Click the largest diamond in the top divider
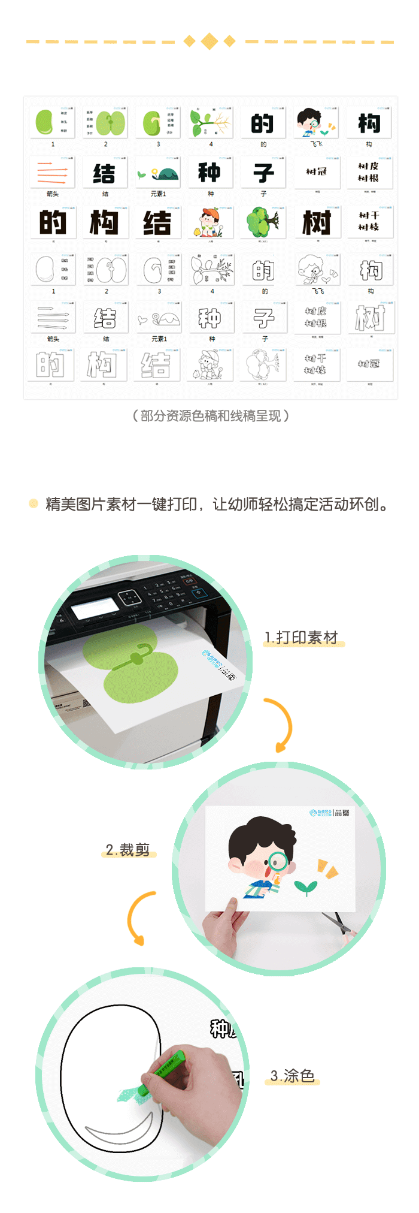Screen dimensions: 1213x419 209,41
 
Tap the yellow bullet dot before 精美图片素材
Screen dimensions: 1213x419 34,503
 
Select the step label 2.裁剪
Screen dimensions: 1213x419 127,850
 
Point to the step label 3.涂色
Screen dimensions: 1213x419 292,1076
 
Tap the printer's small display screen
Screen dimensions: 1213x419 95,609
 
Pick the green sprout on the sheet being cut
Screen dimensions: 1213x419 306,887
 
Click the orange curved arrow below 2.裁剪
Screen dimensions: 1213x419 139,917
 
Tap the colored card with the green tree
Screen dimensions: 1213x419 262,222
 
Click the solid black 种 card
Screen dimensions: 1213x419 209,173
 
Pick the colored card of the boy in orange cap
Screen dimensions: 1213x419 209,222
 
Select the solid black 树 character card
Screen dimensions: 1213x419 316,222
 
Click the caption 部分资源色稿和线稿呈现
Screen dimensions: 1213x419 210,416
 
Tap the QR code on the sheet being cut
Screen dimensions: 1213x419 345,813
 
